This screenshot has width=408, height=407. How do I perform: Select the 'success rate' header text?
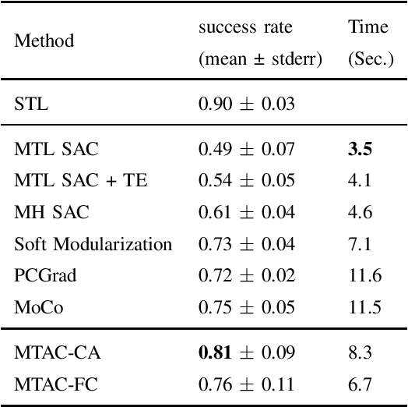pyautogui.click(x=245, y=27)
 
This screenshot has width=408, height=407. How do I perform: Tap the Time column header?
pyautogui.click(x=368, y=27)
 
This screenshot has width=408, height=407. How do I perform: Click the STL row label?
pyautogui.click(x=31, y=104)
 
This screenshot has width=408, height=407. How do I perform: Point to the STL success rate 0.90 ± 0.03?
pyautogui.click(x=247, y=104)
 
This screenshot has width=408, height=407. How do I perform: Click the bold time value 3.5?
pyautogui.click(x=358, y=149)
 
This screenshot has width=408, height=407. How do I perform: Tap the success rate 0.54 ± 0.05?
pyautogui.click(x=247, y=181)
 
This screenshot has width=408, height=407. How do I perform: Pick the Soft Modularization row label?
pyautogui.click(x=93, y=243)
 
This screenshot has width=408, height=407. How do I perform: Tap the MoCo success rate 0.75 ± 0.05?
pyautogui.click(x=247, y=306)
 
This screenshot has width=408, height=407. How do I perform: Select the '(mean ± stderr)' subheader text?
pyautogui.click(x=260, y=58)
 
